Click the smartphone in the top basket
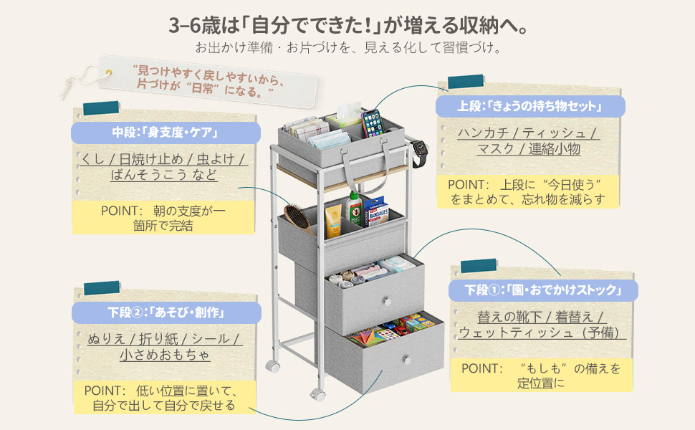[x=373, y=123]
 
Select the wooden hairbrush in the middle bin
[x=295, y=217]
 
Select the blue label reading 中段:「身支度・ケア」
[x=165, y=133]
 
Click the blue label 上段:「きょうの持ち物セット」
[x=530, y=107]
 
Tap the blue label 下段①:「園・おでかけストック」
[x=541, y=290]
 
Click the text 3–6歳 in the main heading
[x=192, y=27]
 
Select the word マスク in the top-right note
[x=496, y=149]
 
